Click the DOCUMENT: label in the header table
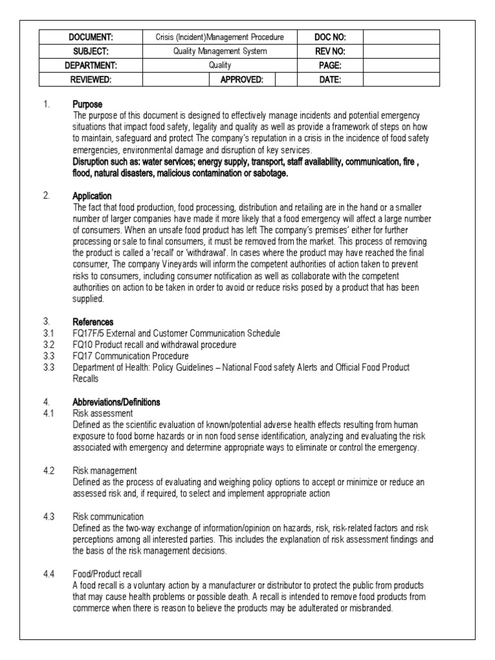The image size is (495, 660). point(91,37)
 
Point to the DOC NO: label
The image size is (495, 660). point(330,37)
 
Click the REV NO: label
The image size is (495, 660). point(330,52)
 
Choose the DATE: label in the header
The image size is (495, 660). point(330,80)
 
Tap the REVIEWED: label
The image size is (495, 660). point(91,80)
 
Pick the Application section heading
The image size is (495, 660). point(93,195)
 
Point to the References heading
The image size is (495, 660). point(93,322)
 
